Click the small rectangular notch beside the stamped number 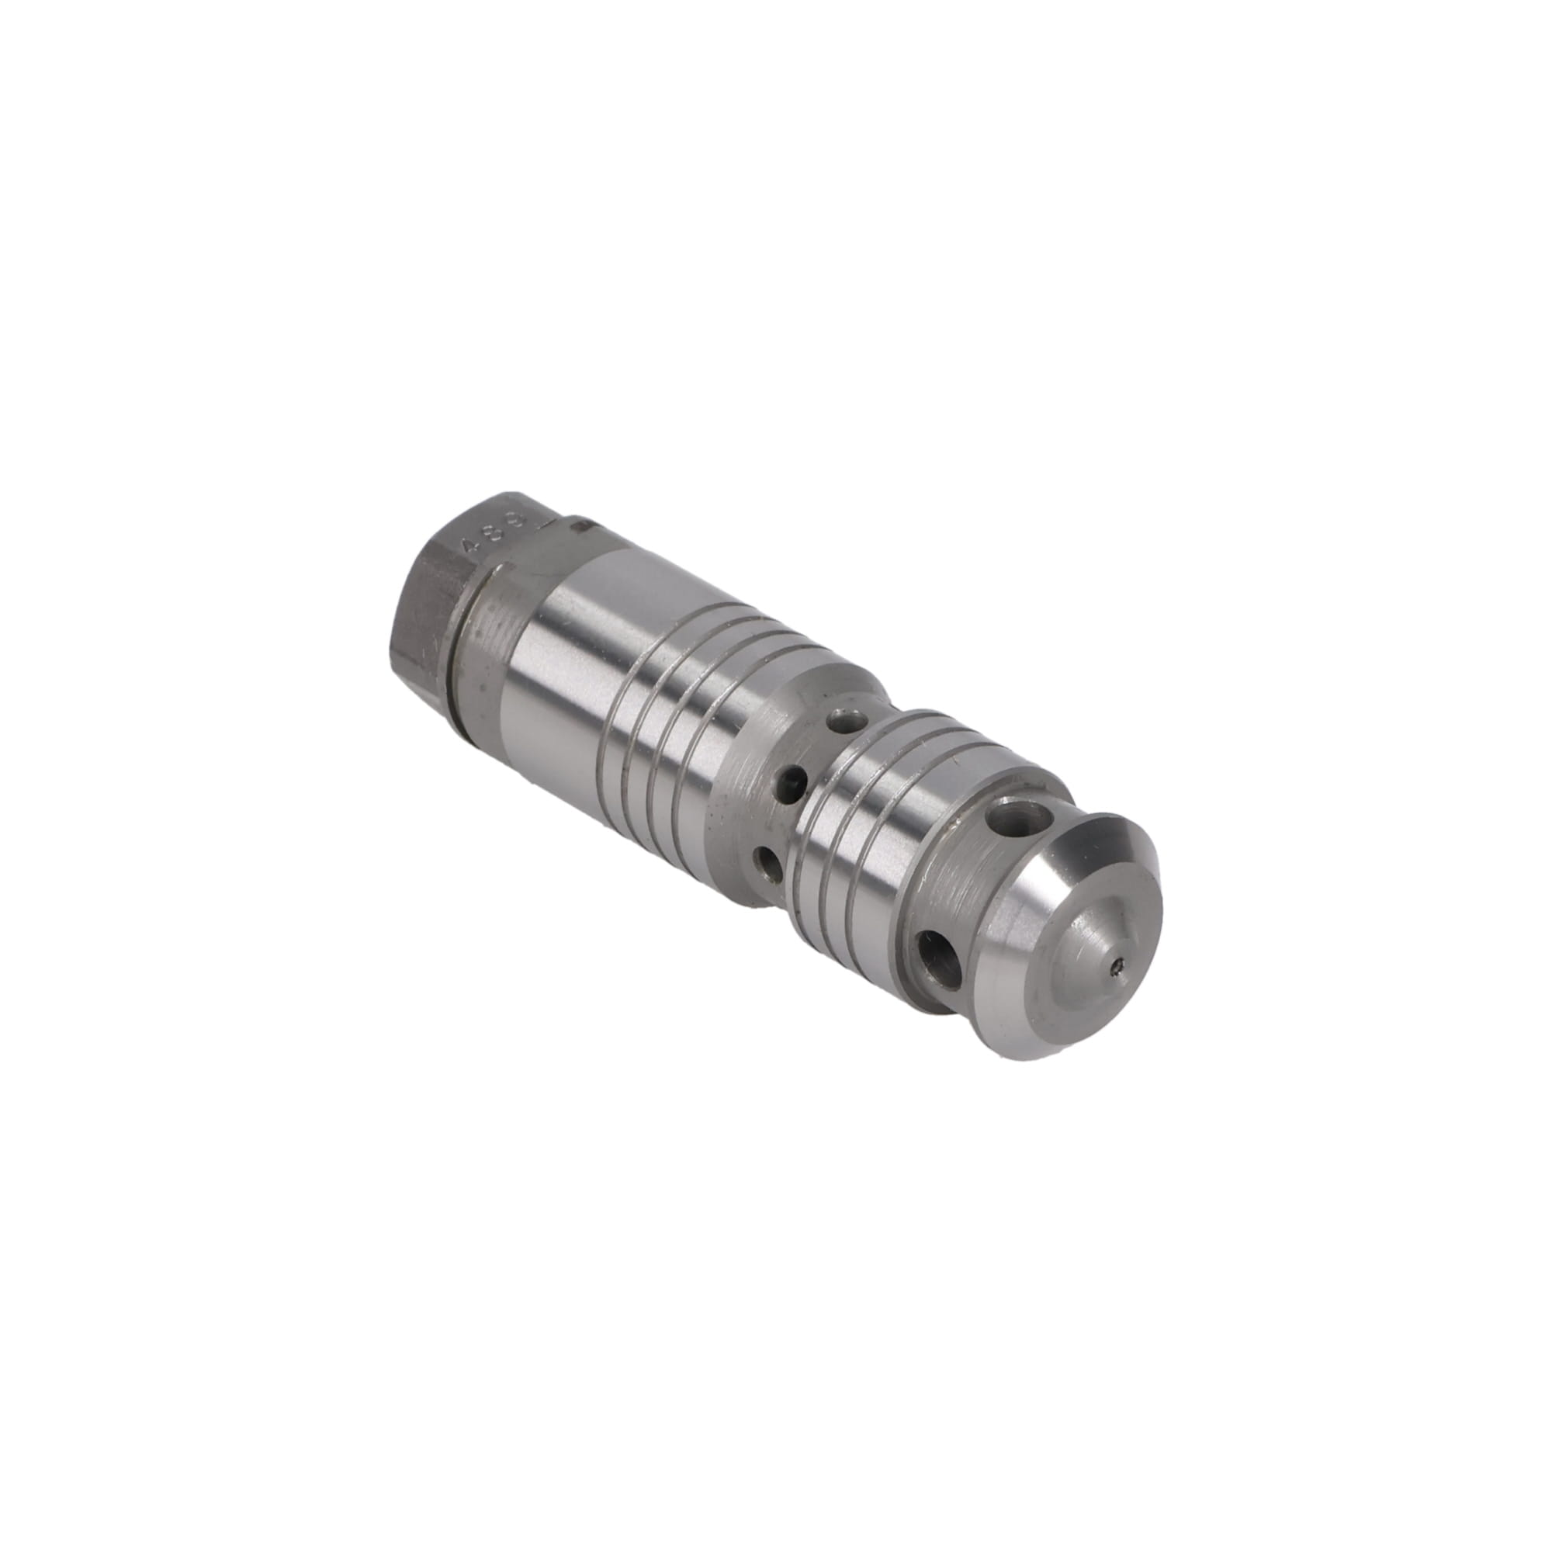coord(584,526)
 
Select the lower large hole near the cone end coord(937,960)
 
